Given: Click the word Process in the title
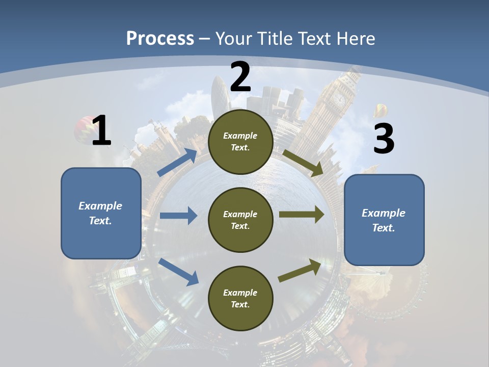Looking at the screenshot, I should pyautogui.click(x=160, y=38).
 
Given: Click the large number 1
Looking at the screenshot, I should pyautogui.click(x=101, y=131).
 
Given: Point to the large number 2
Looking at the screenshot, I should pyautogui.click(x=240, y=77).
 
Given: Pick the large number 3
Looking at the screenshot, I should pyautogui.click(x=384, y=139).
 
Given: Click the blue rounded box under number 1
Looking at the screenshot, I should pyautogui.click(x=101, y=213).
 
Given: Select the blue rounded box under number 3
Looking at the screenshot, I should pyautogui.click(x=384, y=220).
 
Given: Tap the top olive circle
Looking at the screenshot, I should pyautogui.click(x=240, y=142).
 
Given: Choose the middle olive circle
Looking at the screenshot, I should pyautogui.click(x=240, y=220).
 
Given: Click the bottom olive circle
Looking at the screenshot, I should pyautogui.click(x=240, y=298).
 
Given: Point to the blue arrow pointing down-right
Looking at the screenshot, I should pyautogui.click(x=179, y=272).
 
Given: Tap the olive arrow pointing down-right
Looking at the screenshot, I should pyautogui.click(x=303, y=163).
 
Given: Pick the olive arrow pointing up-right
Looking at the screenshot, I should pyautogui.click(x=300, y=271).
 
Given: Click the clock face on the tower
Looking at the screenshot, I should pyautogui.click(x=339, y=98).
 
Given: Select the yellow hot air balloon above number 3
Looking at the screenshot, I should pyautogui.click(x=381, y=111).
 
